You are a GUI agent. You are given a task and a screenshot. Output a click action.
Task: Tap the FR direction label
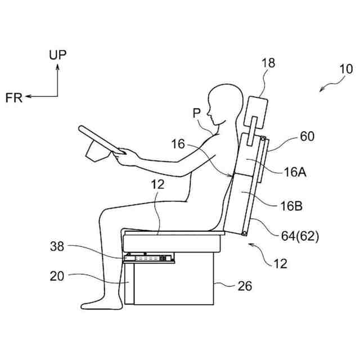click(x=13, y=97)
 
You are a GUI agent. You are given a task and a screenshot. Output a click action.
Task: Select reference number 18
click(x=269, y=62)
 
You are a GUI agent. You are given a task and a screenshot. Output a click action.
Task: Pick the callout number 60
click(x=307, y=136)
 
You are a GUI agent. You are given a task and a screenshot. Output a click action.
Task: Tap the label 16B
click(x=291, y=206)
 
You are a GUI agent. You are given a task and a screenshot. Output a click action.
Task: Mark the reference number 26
click(x=244, y=286)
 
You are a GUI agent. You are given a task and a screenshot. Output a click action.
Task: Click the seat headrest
click(x=259, y=107)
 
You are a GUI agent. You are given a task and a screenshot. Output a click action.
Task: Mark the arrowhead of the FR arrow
click(x=27, y=97)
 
